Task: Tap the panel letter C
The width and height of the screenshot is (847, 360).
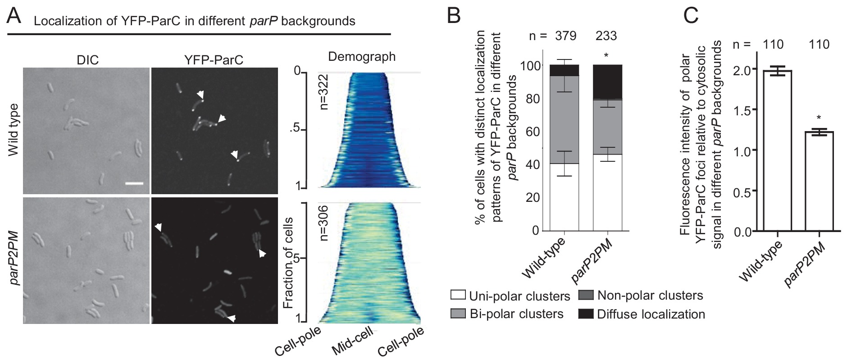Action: pyautogui.click(x=691, y=15)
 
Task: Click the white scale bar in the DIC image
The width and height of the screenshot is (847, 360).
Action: pyautogui.click(x=134, y=184)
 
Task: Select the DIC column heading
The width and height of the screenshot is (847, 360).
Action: pyautogui.click(x=87, y=60)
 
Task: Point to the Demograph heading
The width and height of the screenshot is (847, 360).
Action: pyautogui.click(x=361, y=57)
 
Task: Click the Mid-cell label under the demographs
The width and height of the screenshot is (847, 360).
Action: pyautogui.click(x=352, y=341)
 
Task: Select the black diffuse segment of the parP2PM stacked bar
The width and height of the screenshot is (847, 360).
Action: pyautogui.click(x=607, y=82)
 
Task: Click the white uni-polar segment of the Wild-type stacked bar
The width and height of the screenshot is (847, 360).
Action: pyautogui.click(x=564, y=196)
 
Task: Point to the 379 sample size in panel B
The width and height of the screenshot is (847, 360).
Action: pyautogui.click(x=565, y=36)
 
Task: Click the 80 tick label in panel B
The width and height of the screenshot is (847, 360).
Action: pyautogui.click(x=533, y=99)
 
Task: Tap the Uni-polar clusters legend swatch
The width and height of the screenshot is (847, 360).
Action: pyautogui.click(x=458, y=296)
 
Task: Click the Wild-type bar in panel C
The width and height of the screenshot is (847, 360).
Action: pyautogui.click(x=777, y=151)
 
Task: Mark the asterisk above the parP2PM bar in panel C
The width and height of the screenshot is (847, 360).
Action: pyautogui.click(x=819, y=119)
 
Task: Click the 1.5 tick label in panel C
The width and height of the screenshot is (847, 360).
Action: pyautogui.click(x=742, y=110)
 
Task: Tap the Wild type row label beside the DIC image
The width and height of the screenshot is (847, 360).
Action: pyautogui.click(x=14, y=130)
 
